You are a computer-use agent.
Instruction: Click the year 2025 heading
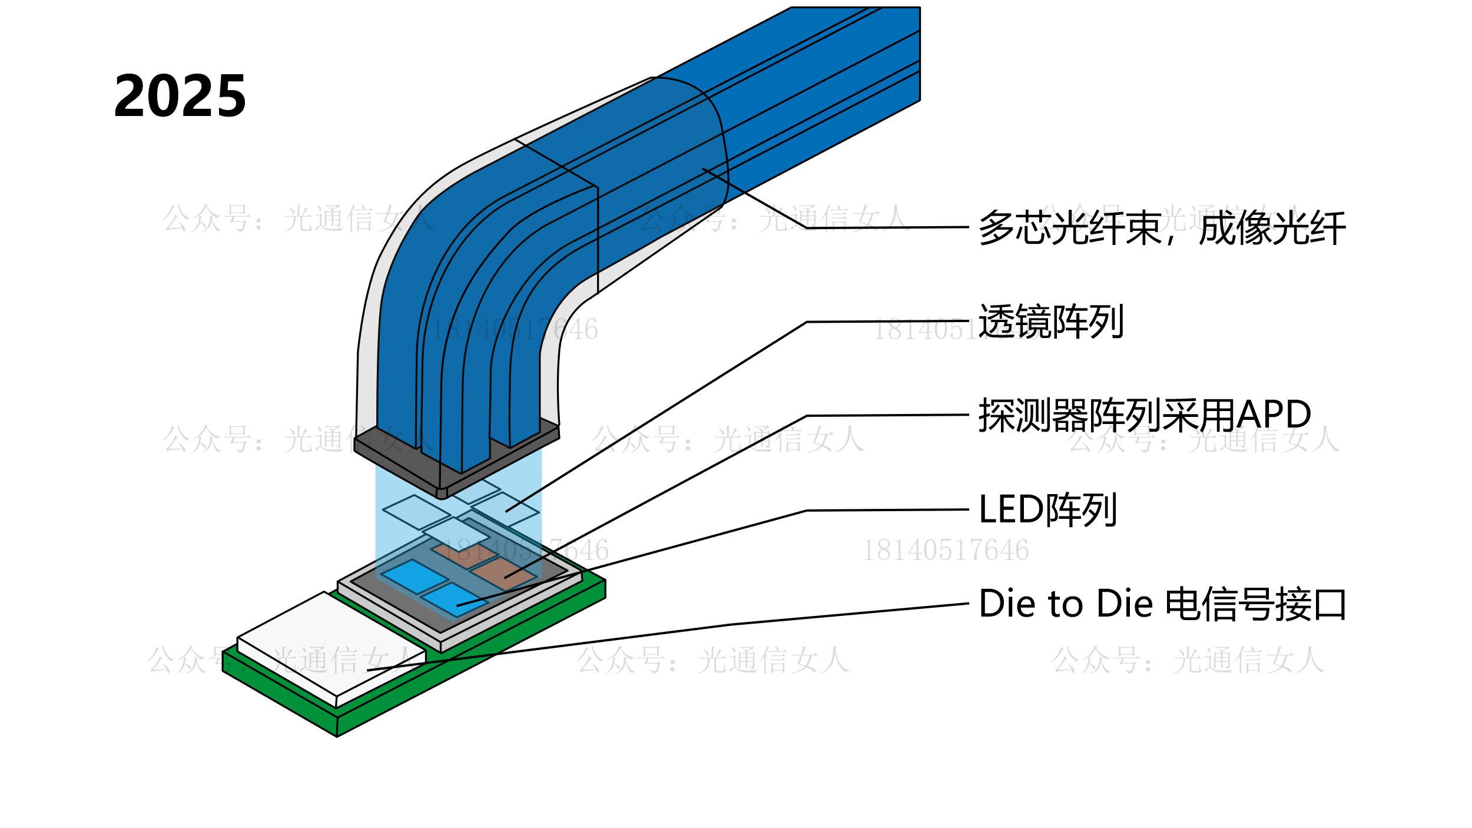[180, 95]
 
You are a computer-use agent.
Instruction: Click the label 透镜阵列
[1050, 322]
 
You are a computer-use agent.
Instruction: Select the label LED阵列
[1047, 509]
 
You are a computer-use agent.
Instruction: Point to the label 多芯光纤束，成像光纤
[1162, 228]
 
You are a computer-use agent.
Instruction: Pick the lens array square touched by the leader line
[505, 509]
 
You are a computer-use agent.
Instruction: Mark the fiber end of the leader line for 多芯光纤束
[704, 169]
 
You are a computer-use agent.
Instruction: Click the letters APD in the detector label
[1274, 415]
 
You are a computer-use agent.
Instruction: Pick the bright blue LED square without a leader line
[415, 576]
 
